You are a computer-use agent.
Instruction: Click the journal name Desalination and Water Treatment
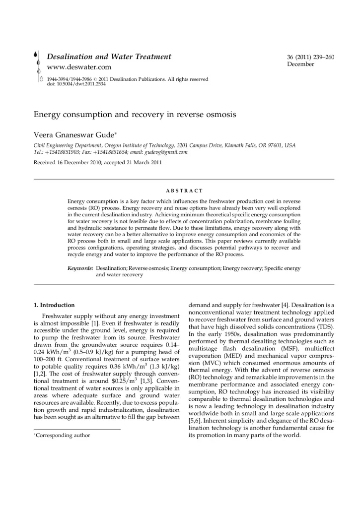pos(109,57)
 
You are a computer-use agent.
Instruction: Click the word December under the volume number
pos(300,64)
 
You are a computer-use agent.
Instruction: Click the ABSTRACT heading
pos(184,190)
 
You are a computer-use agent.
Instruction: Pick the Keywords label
pos(80,268)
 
